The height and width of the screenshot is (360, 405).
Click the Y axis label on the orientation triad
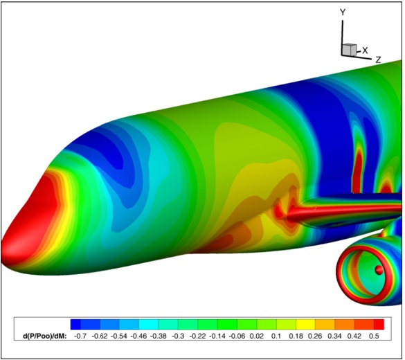(x=343, y=12)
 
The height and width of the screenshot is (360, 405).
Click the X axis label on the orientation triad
(x=365, y=51)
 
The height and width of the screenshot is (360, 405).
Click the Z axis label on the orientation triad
(x=379, y=60)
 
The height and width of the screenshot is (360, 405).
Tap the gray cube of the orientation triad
(x=350, y=49)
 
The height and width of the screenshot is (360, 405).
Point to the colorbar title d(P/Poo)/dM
(x=45, y=336)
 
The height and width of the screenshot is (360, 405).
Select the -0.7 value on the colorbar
(x=80, y=336)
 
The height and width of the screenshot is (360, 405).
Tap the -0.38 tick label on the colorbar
(x=159, y=336)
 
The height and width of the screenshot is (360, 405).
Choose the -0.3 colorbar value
(x=178, y=336)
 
